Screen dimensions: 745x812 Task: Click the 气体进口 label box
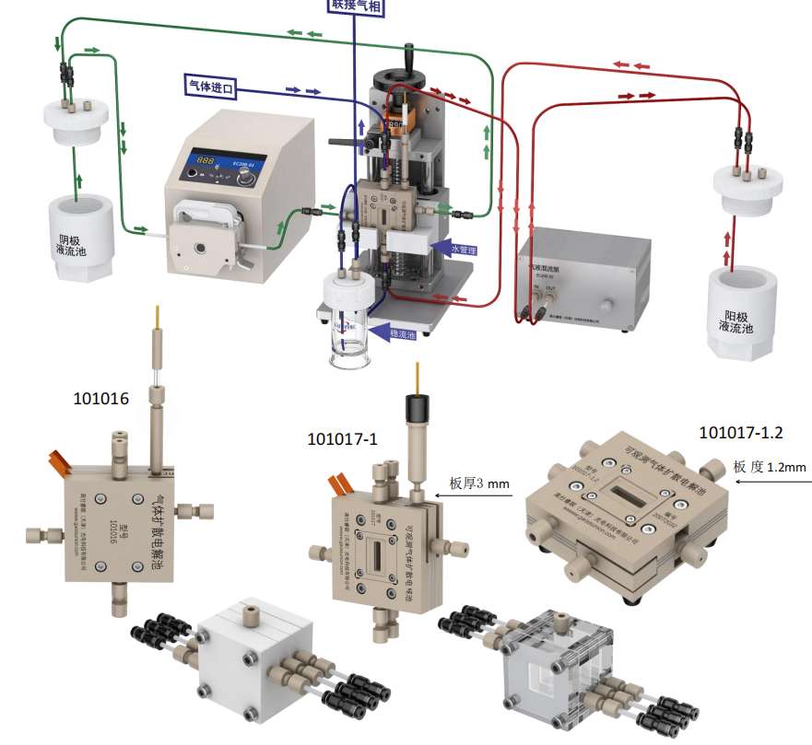pos(211,87)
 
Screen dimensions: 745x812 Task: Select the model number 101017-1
pos(342,439)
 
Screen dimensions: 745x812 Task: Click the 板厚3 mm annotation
pos(479,483)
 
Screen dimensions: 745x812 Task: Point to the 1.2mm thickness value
pos(786,468)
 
